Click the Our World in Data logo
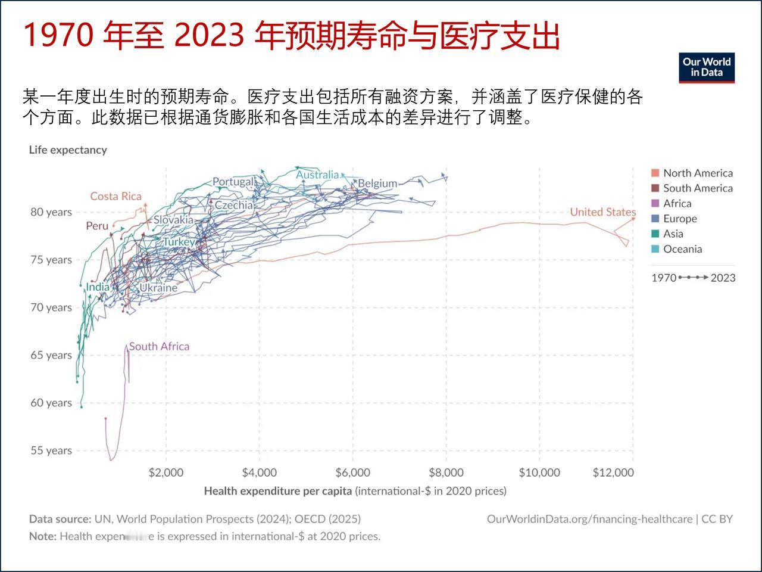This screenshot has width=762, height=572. [707, 67]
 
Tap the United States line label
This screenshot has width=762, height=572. [602, 212]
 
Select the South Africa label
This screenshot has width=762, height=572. [159, 346]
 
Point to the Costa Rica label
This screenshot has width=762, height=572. [116, 197]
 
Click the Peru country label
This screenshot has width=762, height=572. [97, 226]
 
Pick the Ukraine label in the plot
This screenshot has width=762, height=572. [158, 288]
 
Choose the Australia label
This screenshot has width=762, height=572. [317, 175]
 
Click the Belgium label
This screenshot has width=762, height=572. [377, 184]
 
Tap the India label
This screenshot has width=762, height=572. [98, 287]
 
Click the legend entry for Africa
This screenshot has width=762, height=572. [677, 203]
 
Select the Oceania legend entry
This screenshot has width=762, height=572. [682, 249]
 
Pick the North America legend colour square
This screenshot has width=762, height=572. [655, 173]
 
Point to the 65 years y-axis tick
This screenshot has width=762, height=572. [51, 355]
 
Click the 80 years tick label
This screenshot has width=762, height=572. [51, 212]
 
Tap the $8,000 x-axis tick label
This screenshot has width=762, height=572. [446, 472]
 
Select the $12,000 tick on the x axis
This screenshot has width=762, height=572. [613, 472]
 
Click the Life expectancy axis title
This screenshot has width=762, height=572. [68, 150]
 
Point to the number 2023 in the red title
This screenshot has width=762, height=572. [210, 36]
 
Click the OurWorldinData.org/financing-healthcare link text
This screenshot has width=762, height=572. [589, 519]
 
